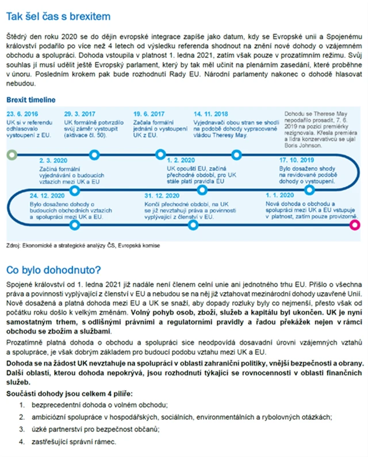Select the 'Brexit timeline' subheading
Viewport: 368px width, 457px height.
(x=31, y=100)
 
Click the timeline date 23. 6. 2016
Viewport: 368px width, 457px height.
(x=22, y=113)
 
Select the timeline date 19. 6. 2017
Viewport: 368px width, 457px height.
(x=149, y=113)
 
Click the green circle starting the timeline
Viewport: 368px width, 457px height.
(x=10, y=154)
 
